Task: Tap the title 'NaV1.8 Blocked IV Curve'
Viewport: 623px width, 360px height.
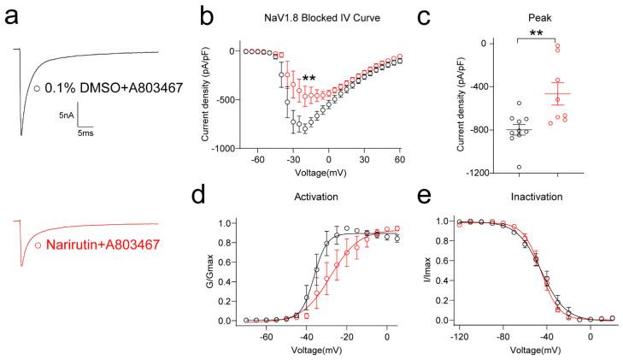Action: (325, 16)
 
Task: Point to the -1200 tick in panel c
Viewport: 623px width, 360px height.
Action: (487, 174)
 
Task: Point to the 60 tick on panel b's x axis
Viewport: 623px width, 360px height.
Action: (398, 160)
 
